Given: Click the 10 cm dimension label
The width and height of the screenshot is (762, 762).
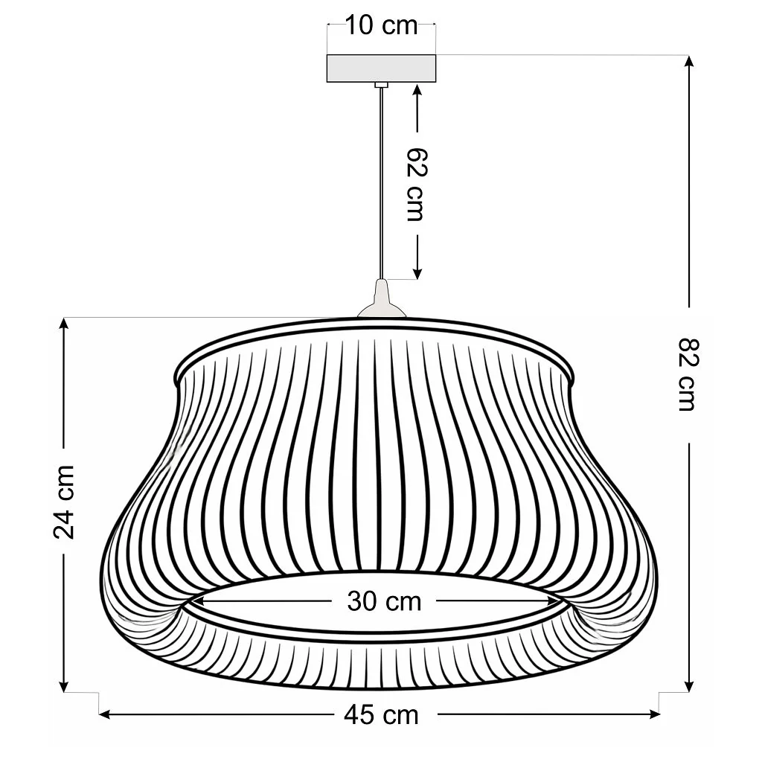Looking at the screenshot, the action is tap(381, 26).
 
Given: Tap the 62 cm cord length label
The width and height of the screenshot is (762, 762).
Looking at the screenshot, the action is tap(416, 184).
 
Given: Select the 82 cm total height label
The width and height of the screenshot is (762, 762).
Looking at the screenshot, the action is tap(688, 375).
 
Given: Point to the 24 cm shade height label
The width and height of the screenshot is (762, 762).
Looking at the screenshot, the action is tap(64, 502).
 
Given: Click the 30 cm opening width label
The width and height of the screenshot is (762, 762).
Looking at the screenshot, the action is tap(384, 601).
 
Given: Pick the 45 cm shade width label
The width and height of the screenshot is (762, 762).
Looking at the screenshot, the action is tap(381, 715).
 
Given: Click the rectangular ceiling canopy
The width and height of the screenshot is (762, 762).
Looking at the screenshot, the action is tap(382, 68).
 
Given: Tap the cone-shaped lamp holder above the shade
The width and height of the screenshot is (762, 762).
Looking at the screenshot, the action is tap(382, 299).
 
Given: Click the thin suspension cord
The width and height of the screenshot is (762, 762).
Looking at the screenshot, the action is tap(382, 183).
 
